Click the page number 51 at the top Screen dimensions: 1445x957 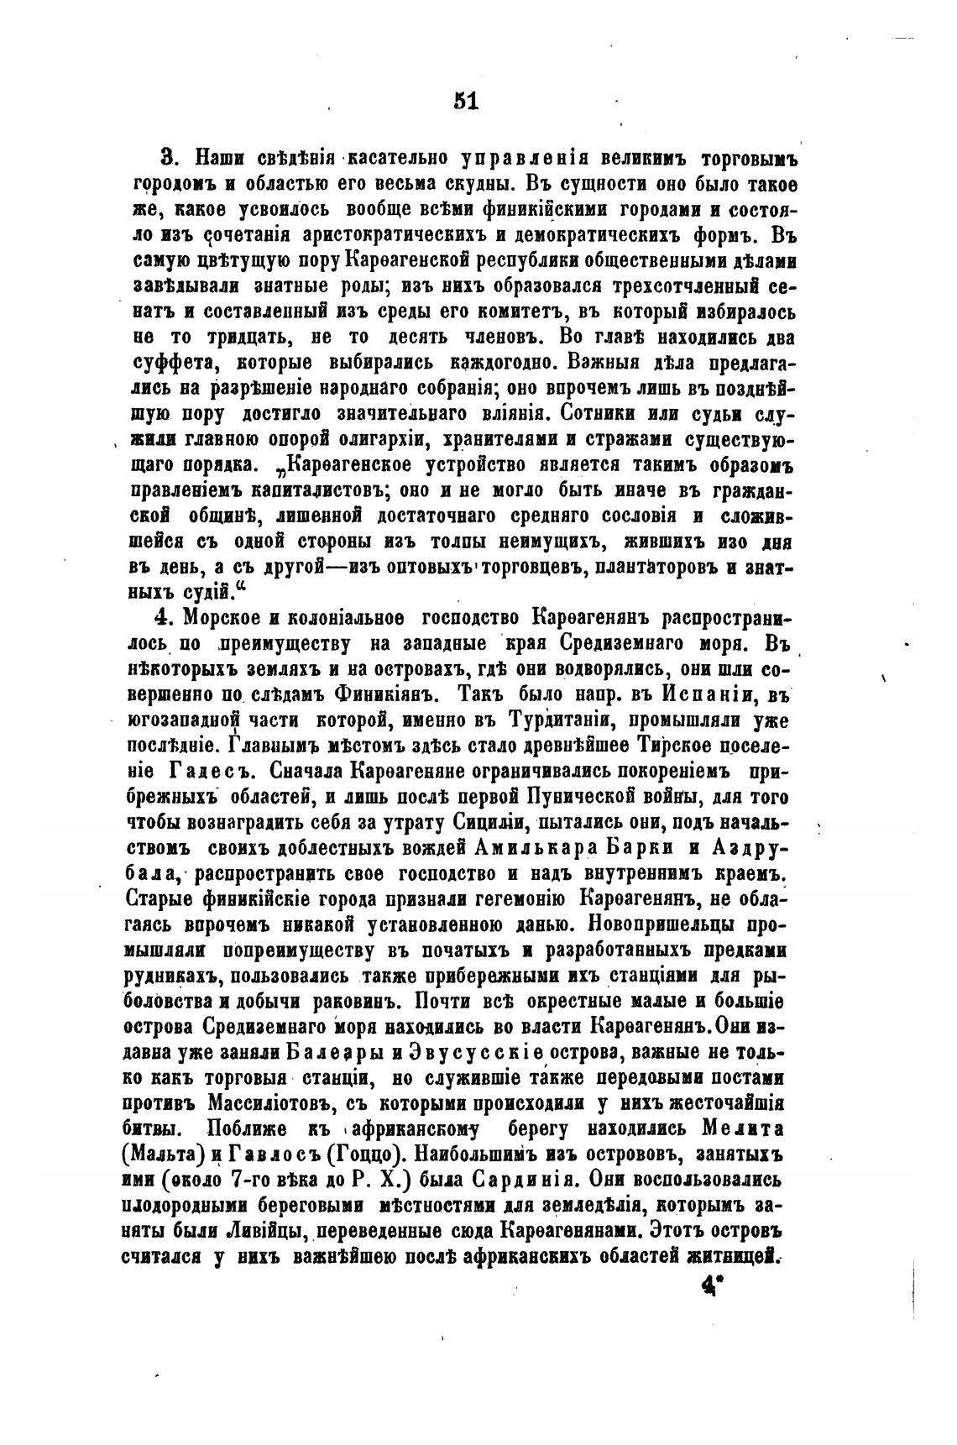click(x=465, y=101)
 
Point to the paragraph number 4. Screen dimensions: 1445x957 click(x=165, y=618)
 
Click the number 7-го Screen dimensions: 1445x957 click(x=255, y=1179)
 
